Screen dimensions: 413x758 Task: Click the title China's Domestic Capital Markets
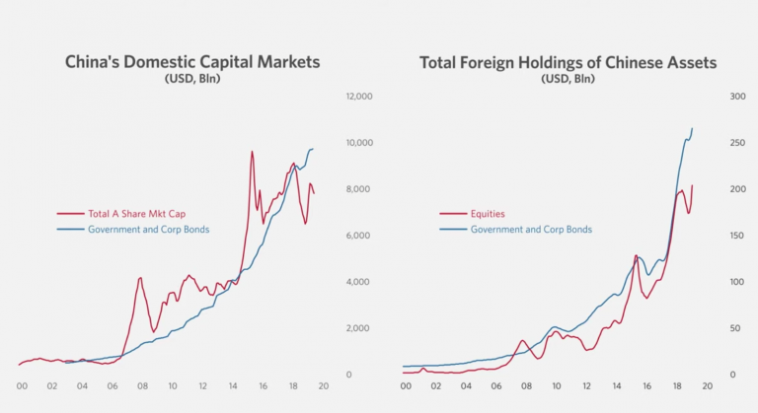click(x=192, y=62)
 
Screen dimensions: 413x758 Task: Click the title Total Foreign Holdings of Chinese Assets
click(x=568, y=62)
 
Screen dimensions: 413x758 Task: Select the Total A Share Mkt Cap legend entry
click(x=136, y=213)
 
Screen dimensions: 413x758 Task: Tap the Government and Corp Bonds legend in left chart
click(x=149, y=229)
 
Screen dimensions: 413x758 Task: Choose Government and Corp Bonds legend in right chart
click(x=531, y=229)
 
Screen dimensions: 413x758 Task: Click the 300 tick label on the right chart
click(x=735, y=97)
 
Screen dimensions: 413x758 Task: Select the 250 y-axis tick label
click(x=735, y=143)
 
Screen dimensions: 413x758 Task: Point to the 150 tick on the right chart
click(x=735, y=236)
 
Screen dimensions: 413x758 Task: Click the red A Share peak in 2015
click(x=252, y=152)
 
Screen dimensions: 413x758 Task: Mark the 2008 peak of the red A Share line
click(x=140, y=278)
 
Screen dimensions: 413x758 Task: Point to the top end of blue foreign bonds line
click(x=692, y=128)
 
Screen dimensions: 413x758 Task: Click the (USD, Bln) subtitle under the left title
click(x=192, y=79)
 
